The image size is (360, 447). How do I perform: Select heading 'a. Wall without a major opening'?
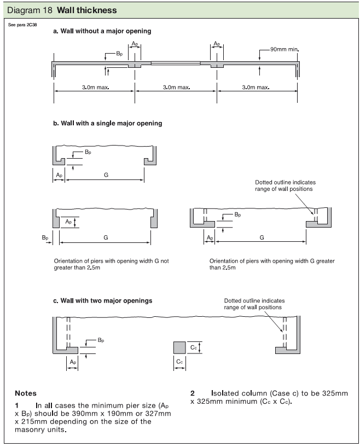coord(102,31)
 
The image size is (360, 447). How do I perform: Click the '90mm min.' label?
coord(284,49)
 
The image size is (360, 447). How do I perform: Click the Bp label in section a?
coord(119,54)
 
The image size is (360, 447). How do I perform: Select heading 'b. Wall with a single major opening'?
coord(107,123)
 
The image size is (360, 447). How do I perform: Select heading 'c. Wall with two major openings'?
coord(102,300)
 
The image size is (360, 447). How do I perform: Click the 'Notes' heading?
coord(26,393)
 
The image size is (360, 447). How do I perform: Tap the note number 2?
coord(193,393)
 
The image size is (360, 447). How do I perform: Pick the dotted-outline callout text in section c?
coord(254,304)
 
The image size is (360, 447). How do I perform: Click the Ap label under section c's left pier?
coord(72,362)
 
